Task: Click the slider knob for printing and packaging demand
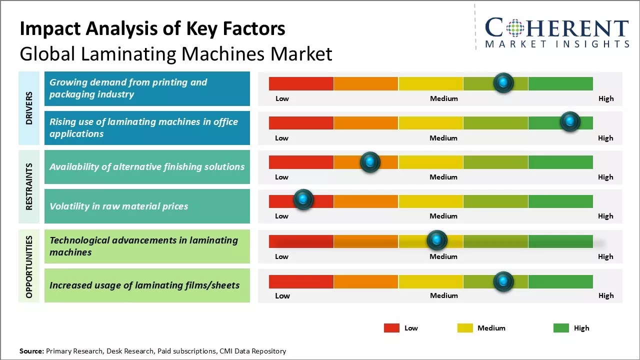coord(503,82)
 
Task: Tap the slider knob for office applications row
coord(569,121)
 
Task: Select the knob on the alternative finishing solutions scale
coord(370,161)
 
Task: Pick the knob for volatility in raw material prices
coord(303,199)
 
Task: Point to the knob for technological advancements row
coord(437,240)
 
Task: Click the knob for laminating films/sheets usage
coord(503,281)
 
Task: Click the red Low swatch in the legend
coord(391,328)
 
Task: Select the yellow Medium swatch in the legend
coord(465,328)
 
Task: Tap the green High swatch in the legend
coord(561,328)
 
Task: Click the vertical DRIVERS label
coord(29,108)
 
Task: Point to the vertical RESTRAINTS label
coord(29,186)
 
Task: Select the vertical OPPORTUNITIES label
coord(29,266)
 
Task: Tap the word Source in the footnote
coord(31,351)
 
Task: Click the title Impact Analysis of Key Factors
coord(152,28)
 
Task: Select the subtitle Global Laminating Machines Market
coord(176,53)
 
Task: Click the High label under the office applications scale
coord(605,138)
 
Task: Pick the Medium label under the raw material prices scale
coord(443,216)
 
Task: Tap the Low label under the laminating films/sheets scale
coord(282,295)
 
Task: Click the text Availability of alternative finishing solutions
coord(147,167)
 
